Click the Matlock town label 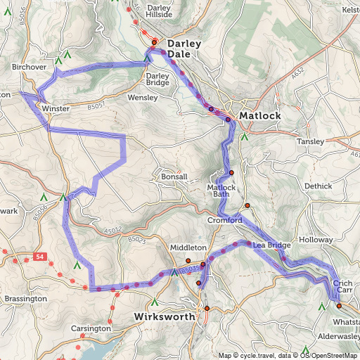click(259, 115)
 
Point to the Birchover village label click(29, 67)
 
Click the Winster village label click(56, 110)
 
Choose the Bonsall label click(174, 176)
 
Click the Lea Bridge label click(271, 245)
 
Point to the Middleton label click(188, 248)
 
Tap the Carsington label click(91, 328)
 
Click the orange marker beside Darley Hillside click(155, 42)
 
